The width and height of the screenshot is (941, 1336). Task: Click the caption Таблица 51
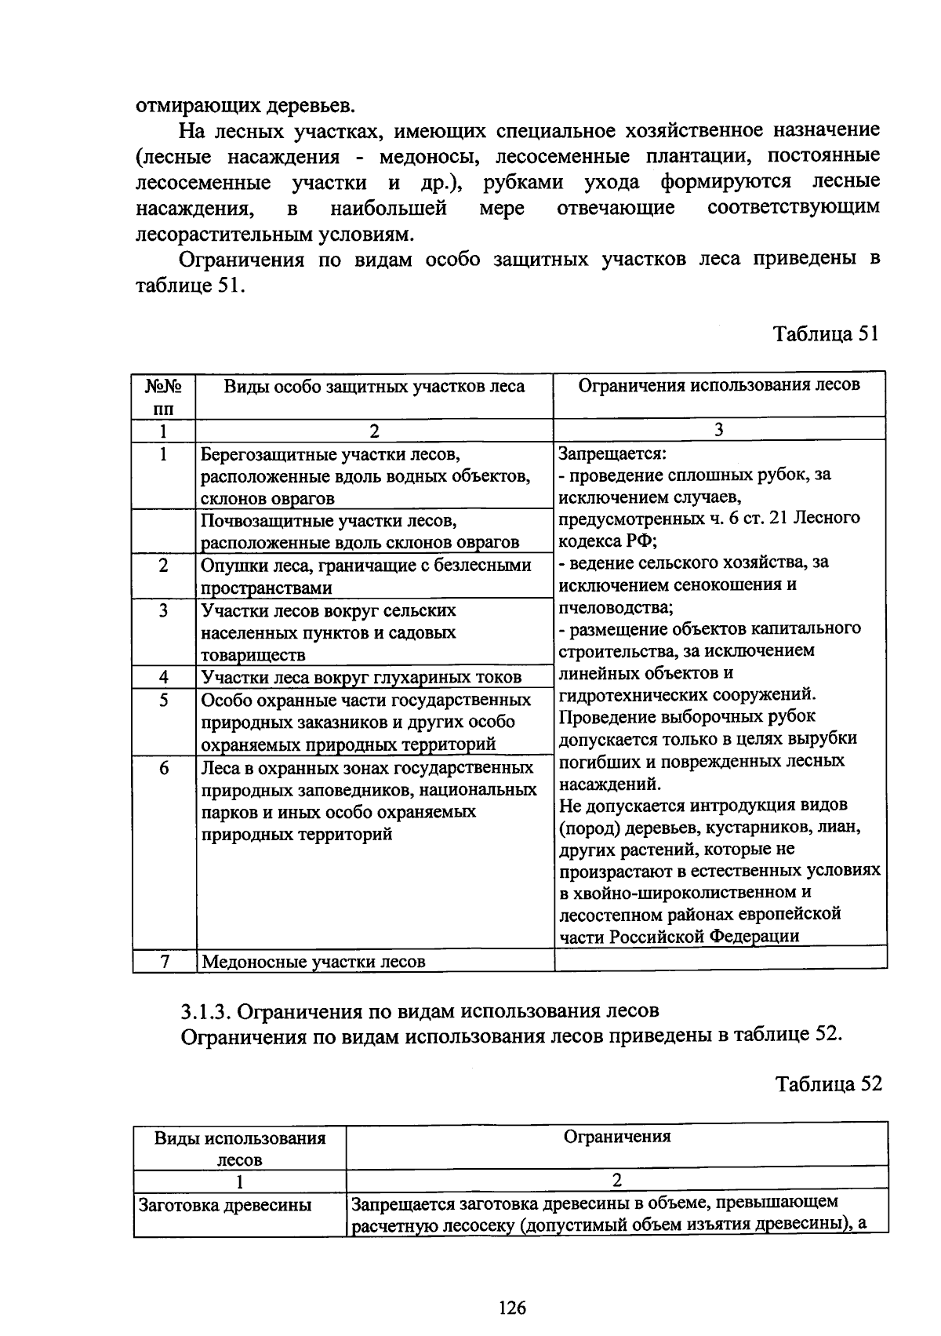[x=826, y=333]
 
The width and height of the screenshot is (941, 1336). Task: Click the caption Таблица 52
[x=828, y=1083]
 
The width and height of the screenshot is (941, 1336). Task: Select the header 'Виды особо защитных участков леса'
[x=374, y=387]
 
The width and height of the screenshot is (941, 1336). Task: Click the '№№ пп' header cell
[x=164, y=397]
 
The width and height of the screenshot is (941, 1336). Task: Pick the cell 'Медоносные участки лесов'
[x=314, y=961]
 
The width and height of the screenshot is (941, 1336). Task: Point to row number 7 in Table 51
[x=164, y=961]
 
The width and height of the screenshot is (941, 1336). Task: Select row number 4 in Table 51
[x=164, y=677]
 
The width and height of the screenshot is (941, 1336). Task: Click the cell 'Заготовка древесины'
[x=224, y=1204]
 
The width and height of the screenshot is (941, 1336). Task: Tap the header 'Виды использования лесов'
[x=239, y=1148]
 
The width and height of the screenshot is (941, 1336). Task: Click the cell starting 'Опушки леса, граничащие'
[x=366, y=576]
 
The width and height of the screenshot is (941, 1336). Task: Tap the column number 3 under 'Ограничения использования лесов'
[x=718, y=428]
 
